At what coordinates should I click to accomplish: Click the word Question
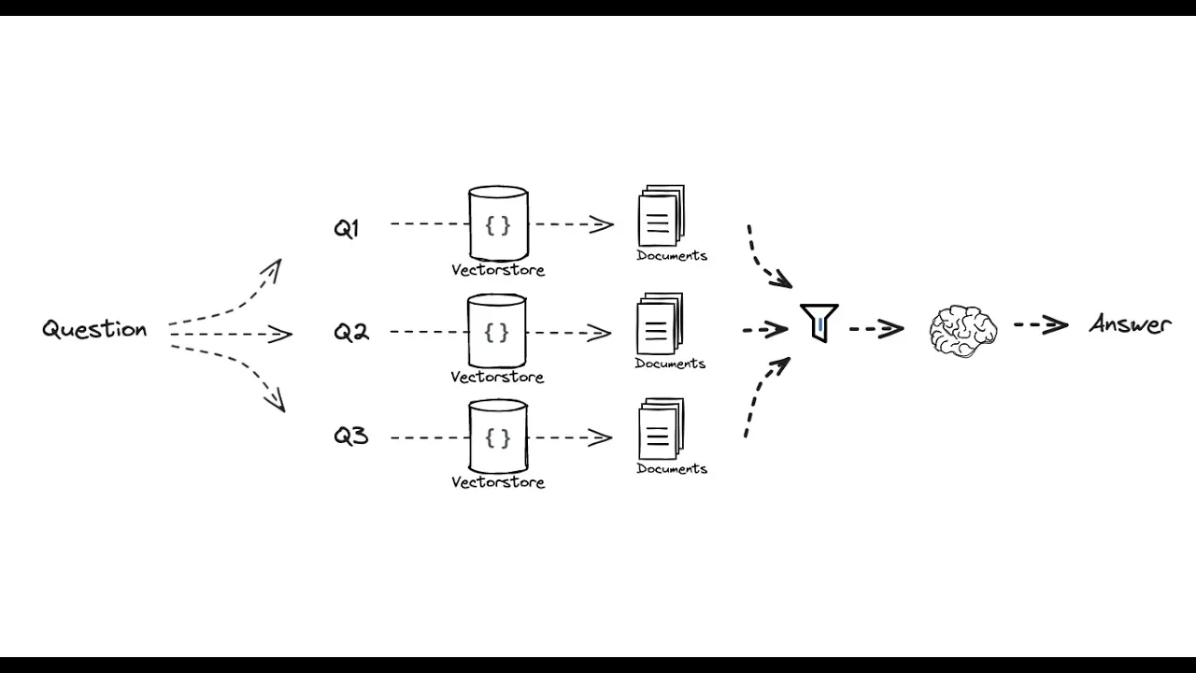click(x=94, y=329)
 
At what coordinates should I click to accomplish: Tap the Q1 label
click(x=346, y=228)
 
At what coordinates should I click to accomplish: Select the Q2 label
click(x=351, y=332)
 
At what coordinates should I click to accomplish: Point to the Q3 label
click(x=351, y=437)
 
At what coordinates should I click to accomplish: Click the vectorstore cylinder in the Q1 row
click(x=498, y=224)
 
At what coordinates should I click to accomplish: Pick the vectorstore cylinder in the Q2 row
click(x=497, y=332)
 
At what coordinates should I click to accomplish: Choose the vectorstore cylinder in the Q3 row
click(x=498, y=437)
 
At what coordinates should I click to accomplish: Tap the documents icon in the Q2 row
click(x=660, y=324)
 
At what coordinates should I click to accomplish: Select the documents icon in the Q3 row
click(x=661, y=429)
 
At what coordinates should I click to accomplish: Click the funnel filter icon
click(x=819, y=322)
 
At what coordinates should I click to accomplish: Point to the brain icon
click(x=963, y=330)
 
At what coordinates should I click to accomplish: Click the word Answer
click(x=1130, y=325)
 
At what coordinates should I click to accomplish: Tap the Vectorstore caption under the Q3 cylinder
click(x=498, y=482)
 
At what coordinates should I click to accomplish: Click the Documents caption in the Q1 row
click(x=672, y=255)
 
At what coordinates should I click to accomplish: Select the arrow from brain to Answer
click(x=1041, y=325)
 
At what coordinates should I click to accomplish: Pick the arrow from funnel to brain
click(x=876, y=328)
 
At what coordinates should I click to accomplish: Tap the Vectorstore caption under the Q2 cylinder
click(x=497, y=378)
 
